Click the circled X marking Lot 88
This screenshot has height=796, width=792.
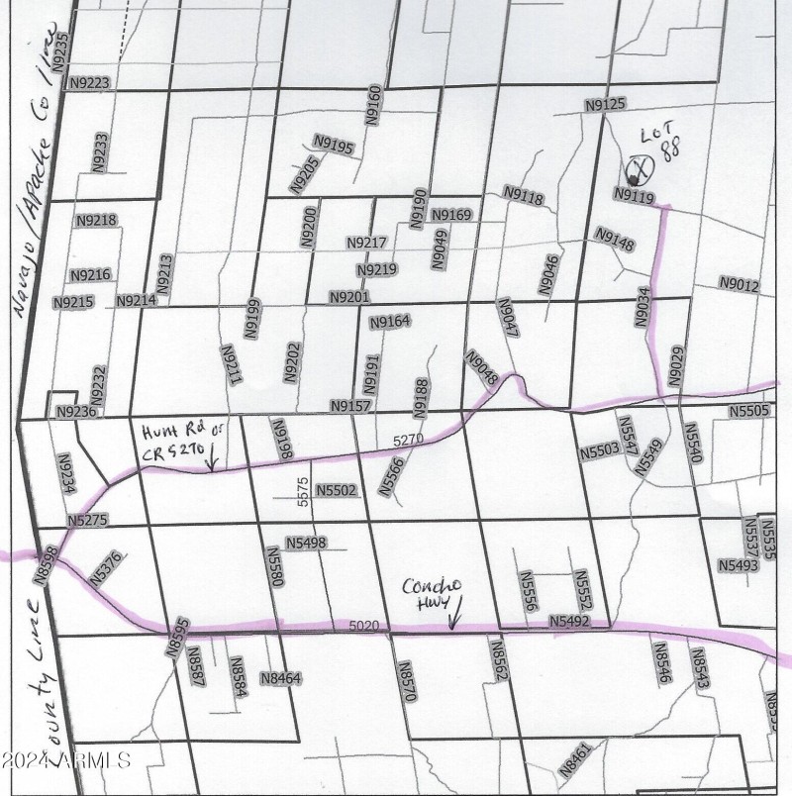[x=639, y=169]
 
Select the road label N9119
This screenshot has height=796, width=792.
[x=635, y=197]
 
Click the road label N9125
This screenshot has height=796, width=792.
[x=606, y=104]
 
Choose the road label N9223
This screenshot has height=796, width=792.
[x=89, y=84]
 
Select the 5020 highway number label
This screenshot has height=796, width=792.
[x=364, y=626]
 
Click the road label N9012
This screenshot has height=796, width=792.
[x=739, y=286]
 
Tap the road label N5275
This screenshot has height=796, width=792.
[x=89, y=520]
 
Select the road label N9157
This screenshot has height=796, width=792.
[x=349, y=407]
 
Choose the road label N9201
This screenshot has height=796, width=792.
[x=348, y=297]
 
